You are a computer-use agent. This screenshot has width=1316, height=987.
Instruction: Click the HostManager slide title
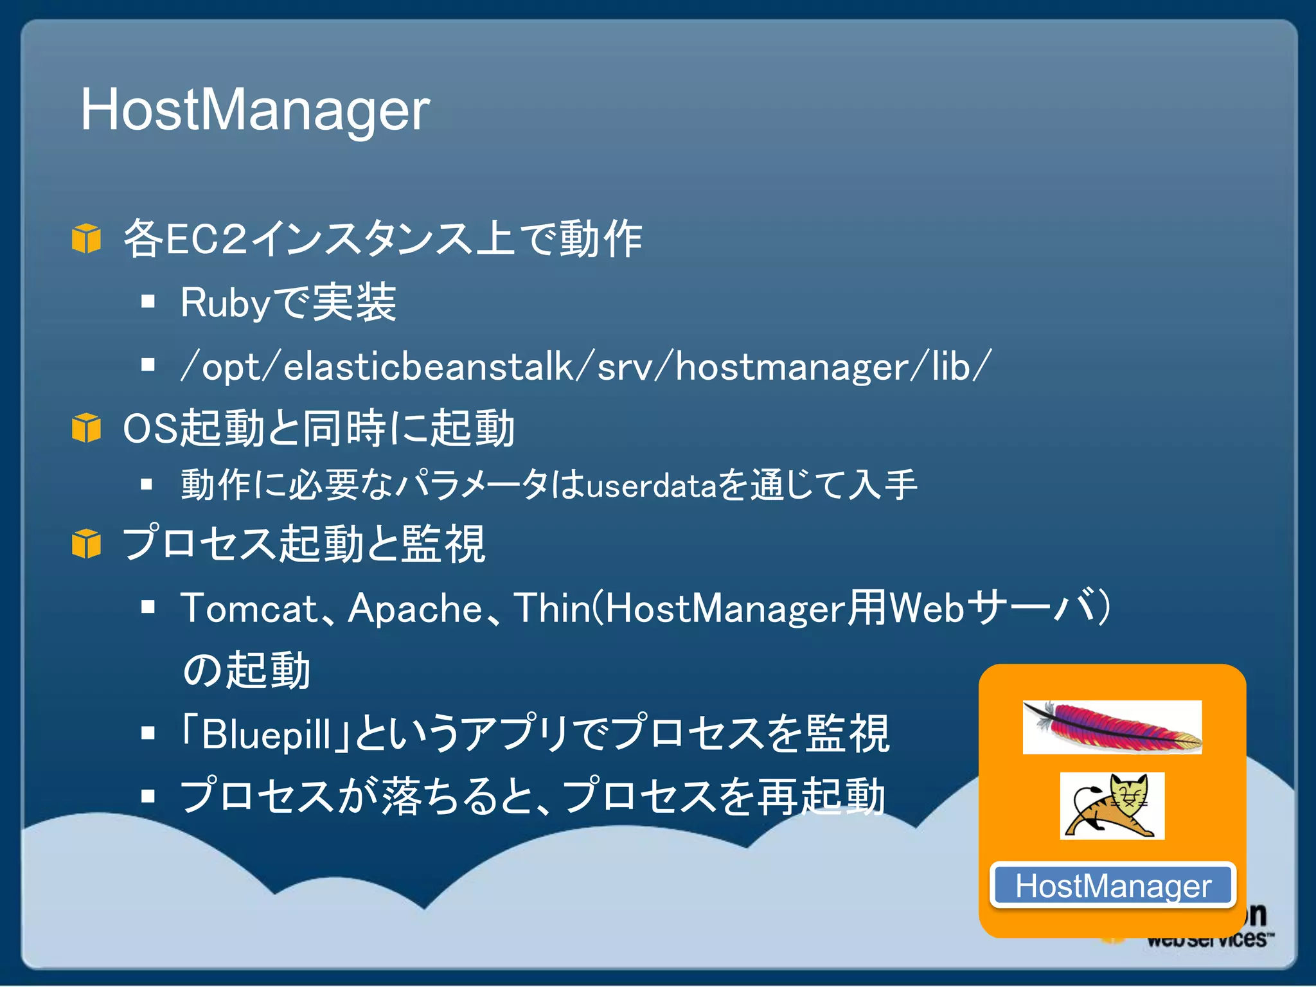coord(254,111)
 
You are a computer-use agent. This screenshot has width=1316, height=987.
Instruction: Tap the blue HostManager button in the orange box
coord(1113,886)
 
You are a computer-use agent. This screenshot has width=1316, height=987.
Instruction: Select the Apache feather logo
coord(1112,727)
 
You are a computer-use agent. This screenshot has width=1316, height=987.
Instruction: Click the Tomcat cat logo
coord(1112,806)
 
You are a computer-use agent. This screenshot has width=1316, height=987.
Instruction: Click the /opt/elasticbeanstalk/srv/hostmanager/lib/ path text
coord(586,367)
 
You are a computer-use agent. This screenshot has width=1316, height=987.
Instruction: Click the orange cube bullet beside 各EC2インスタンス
coord(86,238)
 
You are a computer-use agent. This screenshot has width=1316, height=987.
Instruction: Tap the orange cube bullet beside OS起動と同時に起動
coord(86,428)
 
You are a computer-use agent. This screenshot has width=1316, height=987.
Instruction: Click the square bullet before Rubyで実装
coord(148,301)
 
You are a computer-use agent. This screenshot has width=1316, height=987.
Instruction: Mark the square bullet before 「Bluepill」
coord(148,733)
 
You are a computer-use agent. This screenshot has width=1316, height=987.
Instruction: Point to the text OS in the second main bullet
coord(150,429)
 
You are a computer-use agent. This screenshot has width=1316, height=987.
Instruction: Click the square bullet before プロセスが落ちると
coord(148,797)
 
